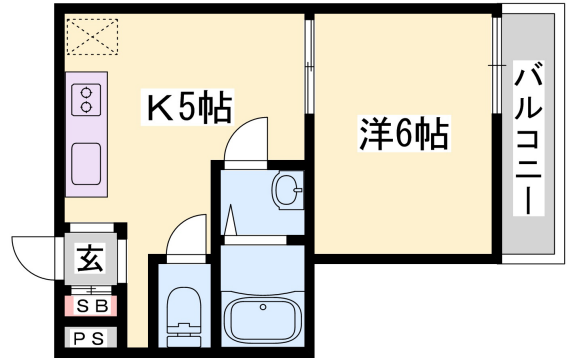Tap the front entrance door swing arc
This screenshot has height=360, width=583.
tap(36, 249)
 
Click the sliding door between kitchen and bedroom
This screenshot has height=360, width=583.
tap(309, 70)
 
